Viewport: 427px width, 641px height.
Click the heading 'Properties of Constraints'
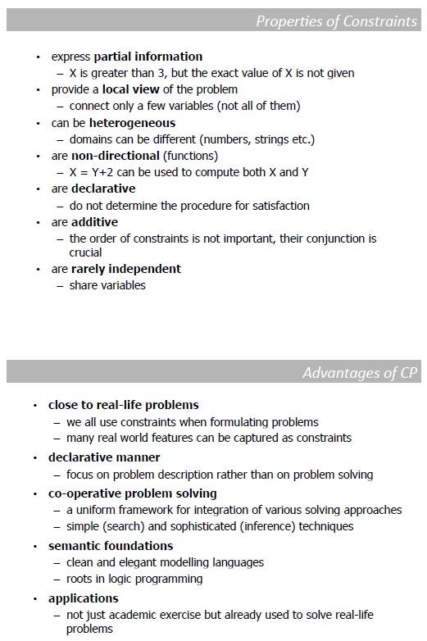[336, 21]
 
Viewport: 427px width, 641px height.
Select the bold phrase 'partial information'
[148, 57]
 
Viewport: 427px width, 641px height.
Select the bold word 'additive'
[94, 222]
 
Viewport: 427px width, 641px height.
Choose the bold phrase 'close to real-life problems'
[123, 405]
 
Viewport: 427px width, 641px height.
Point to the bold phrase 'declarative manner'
[104, 457]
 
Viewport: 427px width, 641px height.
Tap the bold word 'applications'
[83, 598]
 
